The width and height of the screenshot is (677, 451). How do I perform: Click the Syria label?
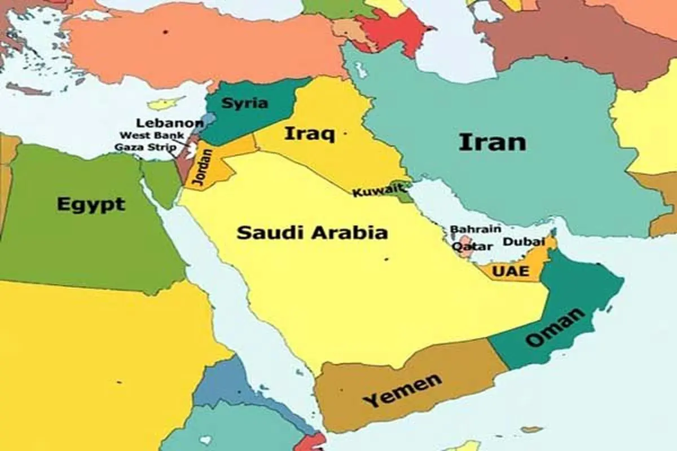[x=244, y=103]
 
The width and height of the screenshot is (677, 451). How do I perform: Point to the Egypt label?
[x=91, y=204]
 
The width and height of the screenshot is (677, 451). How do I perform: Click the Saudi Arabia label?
[x=312, y=232]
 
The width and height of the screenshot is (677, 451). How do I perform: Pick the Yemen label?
[x=402, y=390]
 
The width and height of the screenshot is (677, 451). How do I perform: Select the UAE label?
[x=511, y=271]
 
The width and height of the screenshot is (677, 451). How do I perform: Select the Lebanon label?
[x=169, y=123]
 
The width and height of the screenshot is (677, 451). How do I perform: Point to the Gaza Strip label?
[x=145, y=147]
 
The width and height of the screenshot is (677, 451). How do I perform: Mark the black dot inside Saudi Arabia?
[x=386, y=259]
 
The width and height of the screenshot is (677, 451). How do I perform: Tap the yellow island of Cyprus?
[x=165, y=104]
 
